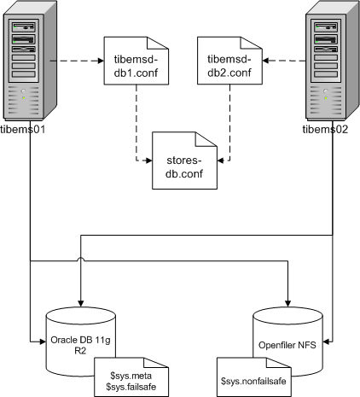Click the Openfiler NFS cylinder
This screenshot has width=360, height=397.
289,341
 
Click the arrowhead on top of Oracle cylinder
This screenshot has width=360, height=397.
80,300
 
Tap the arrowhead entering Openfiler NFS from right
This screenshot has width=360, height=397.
327,342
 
